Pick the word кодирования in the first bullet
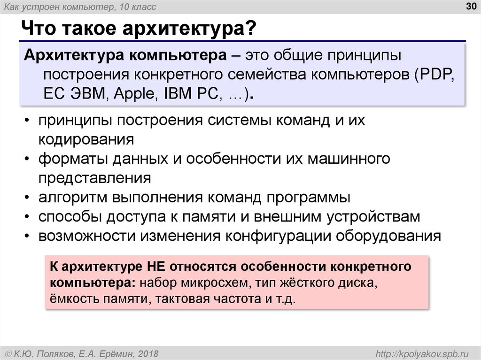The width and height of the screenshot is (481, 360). pos(86,139)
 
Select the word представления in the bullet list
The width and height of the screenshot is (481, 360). pos(94,178)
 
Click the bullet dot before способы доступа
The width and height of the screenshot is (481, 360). pos(29,216)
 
